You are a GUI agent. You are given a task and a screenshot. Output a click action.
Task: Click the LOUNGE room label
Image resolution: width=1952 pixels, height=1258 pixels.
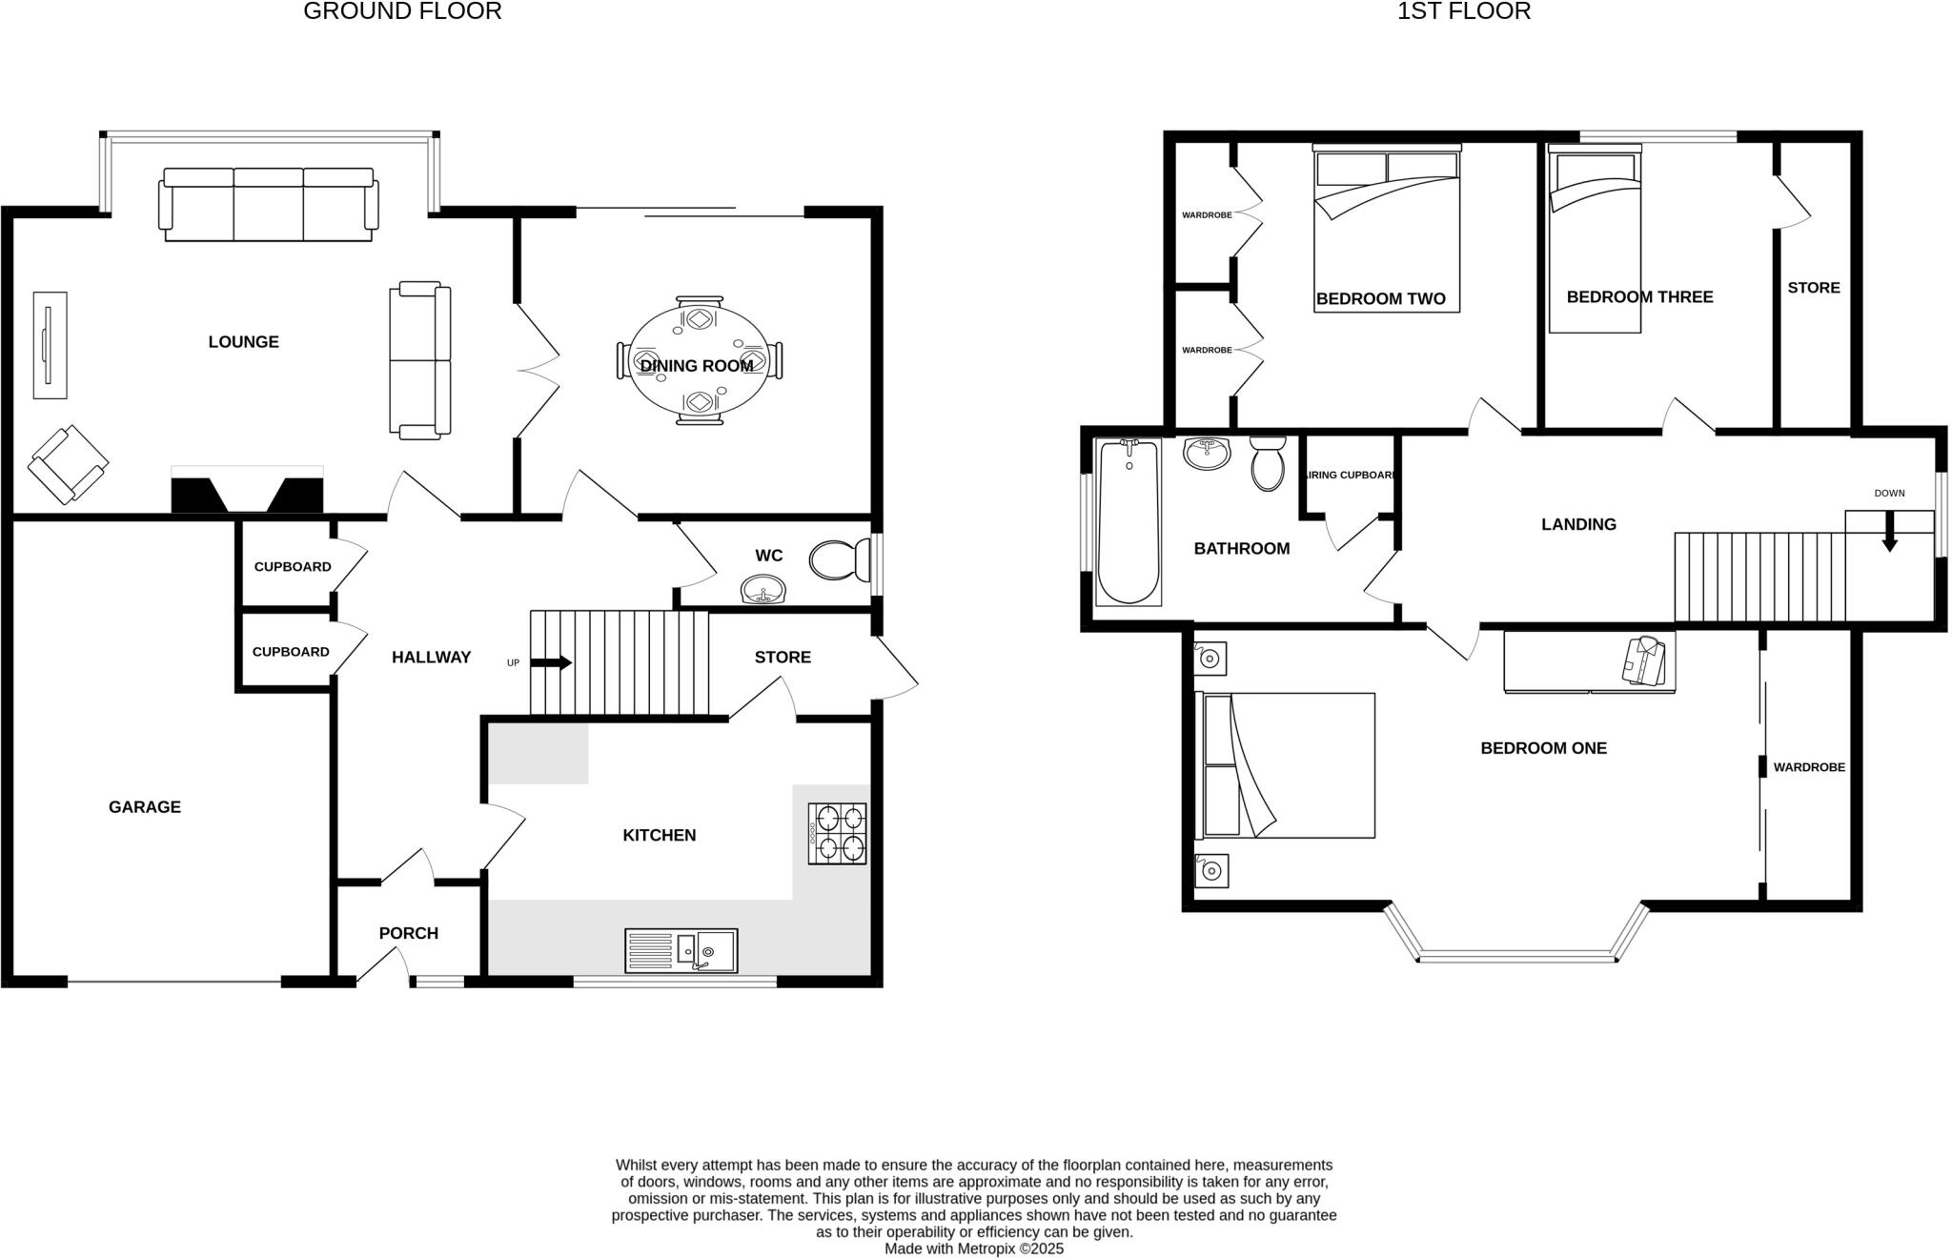coord(243,342)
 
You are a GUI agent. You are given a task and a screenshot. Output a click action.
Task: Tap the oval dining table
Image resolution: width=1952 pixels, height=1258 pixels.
coord(699,359)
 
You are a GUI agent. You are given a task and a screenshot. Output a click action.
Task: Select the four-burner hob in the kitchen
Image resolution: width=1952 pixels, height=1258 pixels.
coord(837,833)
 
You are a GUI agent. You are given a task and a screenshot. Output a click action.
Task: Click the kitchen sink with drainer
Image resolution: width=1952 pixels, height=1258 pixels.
coord(681,950)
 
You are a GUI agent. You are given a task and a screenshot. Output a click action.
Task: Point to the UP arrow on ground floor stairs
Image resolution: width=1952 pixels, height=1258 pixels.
coord(551,662)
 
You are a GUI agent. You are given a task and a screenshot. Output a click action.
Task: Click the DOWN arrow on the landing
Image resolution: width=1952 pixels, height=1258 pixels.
coord(1889,534)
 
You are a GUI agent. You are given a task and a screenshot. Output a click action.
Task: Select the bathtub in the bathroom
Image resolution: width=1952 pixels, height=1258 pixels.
coord(1128,522)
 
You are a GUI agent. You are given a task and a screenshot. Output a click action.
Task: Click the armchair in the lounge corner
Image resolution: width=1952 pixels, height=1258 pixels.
coord(68,464)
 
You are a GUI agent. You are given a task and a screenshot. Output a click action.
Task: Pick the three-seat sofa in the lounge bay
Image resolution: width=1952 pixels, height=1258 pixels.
coord(268,205)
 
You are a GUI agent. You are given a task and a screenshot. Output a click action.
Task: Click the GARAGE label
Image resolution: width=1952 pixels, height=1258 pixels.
coord(145,807)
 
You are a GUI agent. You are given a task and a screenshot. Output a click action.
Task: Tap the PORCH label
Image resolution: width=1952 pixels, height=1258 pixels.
coord(409,933)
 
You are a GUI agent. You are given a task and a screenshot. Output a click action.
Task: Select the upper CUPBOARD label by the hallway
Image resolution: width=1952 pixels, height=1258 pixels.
coord(293,567)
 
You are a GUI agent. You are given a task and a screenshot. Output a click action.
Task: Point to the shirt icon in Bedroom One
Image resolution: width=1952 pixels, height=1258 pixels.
coord(1643,660)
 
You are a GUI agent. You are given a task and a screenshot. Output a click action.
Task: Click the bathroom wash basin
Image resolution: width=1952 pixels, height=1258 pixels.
coord(1207,454)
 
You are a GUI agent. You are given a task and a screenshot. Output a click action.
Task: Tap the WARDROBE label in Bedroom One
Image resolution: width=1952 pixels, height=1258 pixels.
coord(1809,767)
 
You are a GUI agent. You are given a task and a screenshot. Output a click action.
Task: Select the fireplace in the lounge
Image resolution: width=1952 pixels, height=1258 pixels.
coord(247,492)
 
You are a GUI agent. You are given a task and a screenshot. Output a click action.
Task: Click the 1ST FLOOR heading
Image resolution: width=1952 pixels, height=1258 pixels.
coord(1464,11)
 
